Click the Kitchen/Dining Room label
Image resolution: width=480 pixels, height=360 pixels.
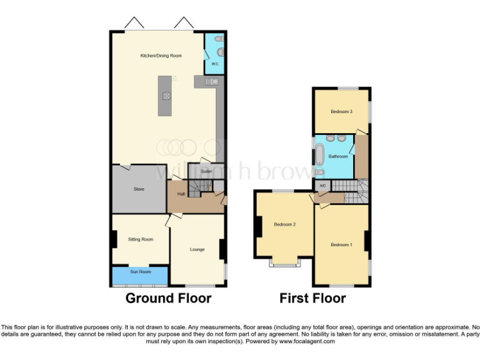pyautogui.click(x=161, y=56)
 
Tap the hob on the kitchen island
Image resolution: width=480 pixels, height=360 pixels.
pyautogui.click(x=167, y=96)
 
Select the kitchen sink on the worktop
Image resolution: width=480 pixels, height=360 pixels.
pyautogui.click(x=211, y=81)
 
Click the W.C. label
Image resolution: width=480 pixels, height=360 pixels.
pyautogui.click(x=214, y=64)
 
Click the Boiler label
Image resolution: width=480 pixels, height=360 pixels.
pyautogui.click(x=206, y=171)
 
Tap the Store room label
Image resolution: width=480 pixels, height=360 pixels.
pyautogui.click(x=139, y=189)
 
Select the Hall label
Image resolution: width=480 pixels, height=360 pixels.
pyautogui.click(x=181, y=194)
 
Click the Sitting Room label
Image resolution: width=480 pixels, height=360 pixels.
pyautogui.click(x=140, y=239)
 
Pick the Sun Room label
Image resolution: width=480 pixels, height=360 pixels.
pyautogui.click(x=140, y=272)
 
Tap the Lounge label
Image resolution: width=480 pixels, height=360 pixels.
pyautogui.click(x=197, y=249)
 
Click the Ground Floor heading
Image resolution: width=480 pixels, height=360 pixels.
pyautogui.click(x=168, y=298)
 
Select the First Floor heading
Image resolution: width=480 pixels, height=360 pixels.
pyautogui.click(x=312, y=298)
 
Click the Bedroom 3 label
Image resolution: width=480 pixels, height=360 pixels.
pyautogui.click(x=341, y=112)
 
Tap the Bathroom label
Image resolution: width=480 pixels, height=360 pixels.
pyautogui.click(x=338, y=156)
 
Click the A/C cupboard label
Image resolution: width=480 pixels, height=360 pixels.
pyautogui.click(x=322, y=186)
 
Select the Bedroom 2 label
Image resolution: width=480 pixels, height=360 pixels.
pyautogui.click(x=284, y=224)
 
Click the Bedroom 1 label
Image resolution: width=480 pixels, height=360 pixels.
pyautogui.click(x=341, y=244)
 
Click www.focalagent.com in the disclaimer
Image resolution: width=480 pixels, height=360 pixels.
pyautogui.click(x=306, y=341)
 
